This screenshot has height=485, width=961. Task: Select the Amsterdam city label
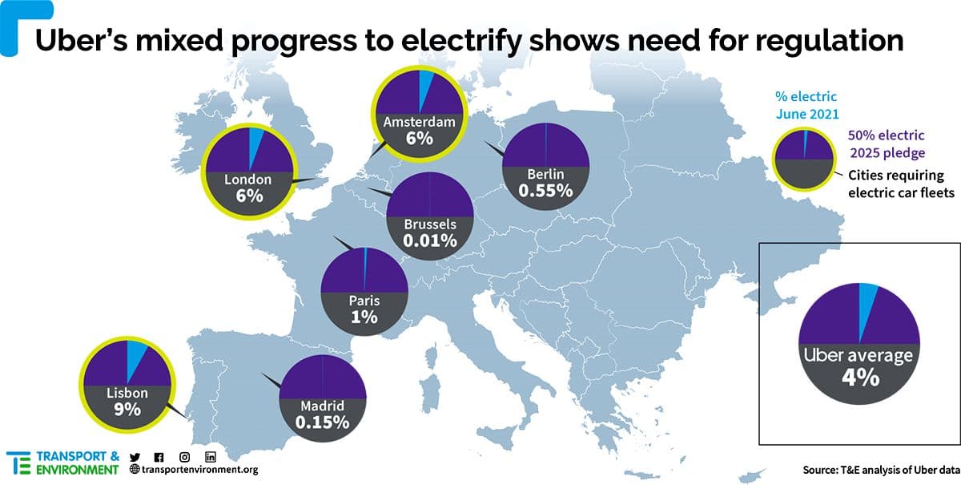point(419,123)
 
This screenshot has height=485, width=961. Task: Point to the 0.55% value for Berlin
point(545,191)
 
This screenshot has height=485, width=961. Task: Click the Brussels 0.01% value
point(431,240)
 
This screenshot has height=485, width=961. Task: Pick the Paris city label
point(364,301)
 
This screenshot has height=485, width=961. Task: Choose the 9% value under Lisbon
point(127,410)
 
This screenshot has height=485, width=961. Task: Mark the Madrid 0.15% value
point(322,422)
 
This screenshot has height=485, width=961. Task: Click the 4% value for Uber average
point(859,376)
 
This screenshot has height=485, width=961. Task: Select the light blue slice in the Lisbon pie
point(135,354)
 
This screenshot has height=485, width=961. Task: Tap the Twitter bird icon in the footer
point(134,457)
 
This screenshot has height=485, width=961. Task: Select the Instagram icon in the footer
point(184,457)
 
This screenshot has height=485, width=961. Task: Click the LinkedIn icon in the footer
point(211,457)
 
